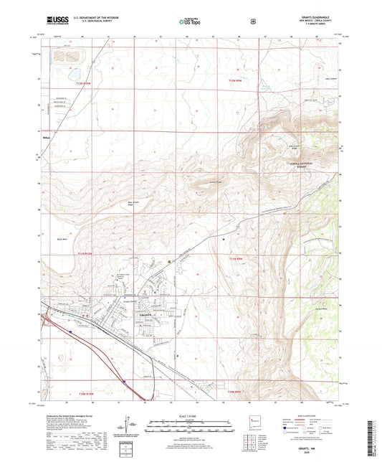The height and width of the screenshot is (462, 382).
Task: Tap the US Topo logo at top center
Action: (191, 22)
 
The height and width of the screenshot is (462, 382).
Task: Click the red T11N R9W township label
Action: (237, 258)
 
